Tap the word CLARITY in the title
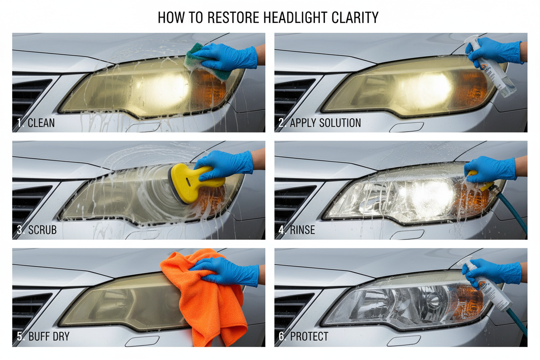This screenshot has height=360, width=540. click(355, 17)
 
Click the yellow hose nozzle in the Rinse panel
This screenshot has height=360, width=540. click(481, 181)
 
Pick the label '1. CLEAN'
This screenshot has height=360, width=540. click(36, 123)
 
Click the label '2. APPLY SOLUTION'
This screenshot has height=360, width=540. click(320, 123)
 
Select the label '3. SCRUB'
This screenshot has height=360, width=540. click(37, 230)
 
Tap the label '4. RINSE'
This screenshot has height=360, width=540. click(296, 230)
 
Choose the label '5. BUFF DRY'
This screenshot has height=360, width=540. click(43, 336)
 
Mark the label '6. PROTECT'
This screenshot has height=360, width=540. click(303, 336)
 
